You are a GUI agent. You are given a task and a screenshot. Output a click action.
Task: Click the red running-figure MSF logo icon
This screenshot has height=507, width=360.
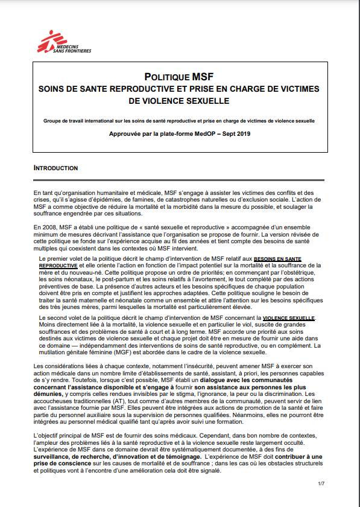tap(48, 42)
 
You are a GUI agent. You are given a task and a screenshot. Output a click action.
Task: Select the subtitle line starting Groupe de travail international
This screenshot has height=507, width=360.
tap(178, 121)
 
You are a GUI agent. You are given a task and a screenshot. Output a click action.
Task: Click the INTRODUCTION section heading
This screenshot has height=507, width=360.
tap(56, 168)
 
